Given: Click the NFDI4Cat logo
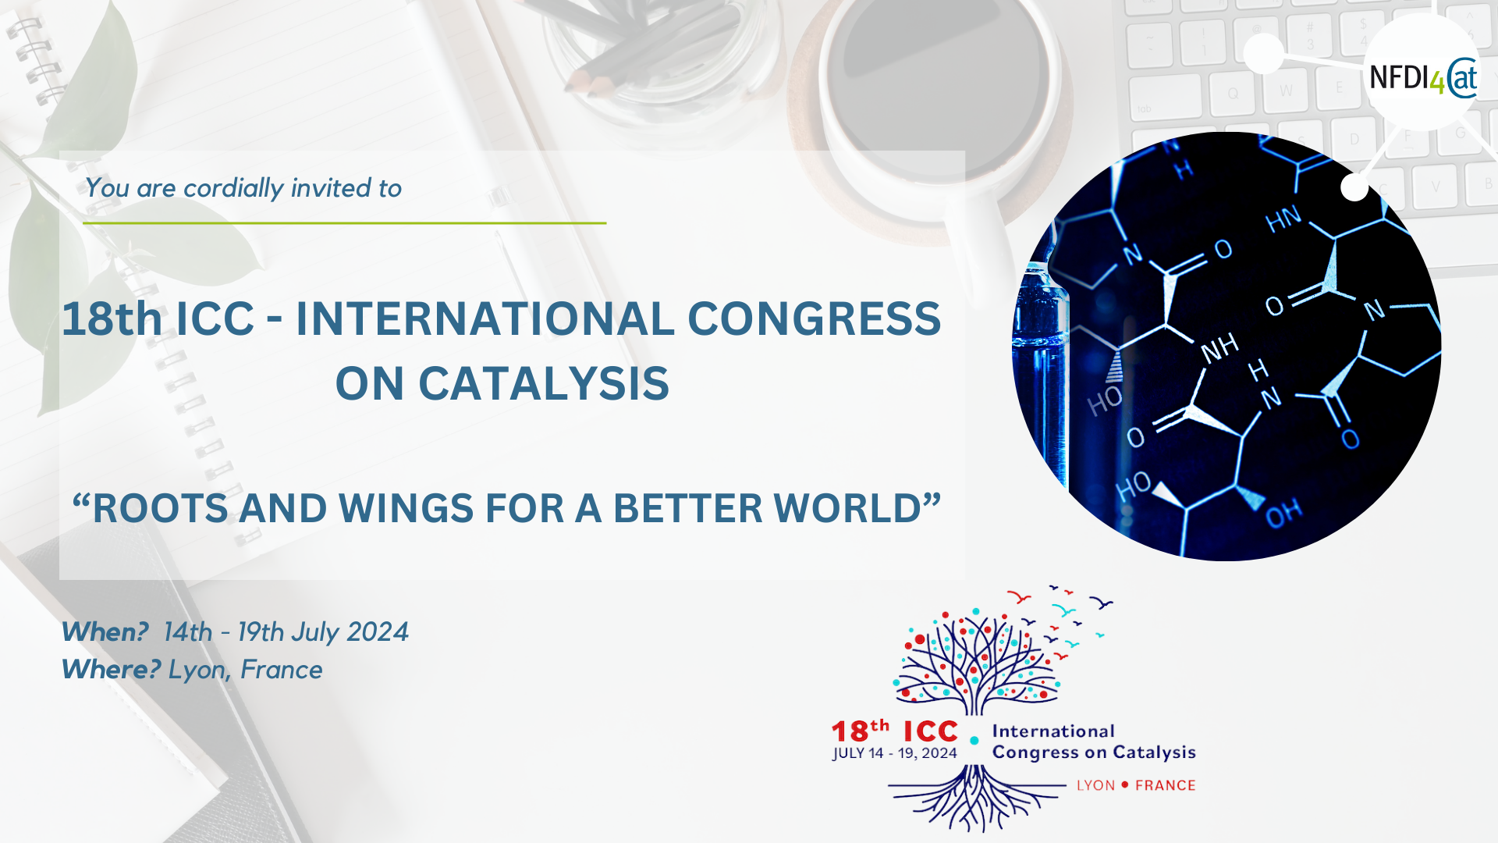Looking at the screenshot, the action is point(1423,78).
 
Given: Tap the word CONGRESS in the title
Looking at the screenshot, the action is point(814,318).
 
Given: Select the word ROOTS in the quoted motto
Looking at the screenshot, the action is point(160,508).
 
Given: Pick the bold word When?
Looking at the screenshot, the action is point(105,631).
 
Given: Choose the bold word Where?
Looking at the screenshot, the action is point(112,669).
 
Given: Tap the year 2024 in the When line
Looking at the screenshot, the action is point(378,631).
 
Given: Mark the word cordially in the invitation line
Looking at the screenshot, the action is point(234,189).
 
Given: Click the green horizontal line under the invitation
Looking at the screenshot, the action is point(344,223).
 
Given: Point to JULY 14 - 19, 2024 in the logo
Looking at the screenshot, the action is point(895,753).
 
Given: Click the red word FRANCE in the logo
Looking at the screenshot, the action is point(1166,785).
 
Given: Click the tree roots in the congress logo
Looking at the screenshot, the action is point(975,798).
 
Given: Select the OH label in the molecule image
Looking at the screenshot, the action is point(1283,513).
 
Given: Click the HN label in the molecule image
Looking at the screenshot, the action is point(1283,219).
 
